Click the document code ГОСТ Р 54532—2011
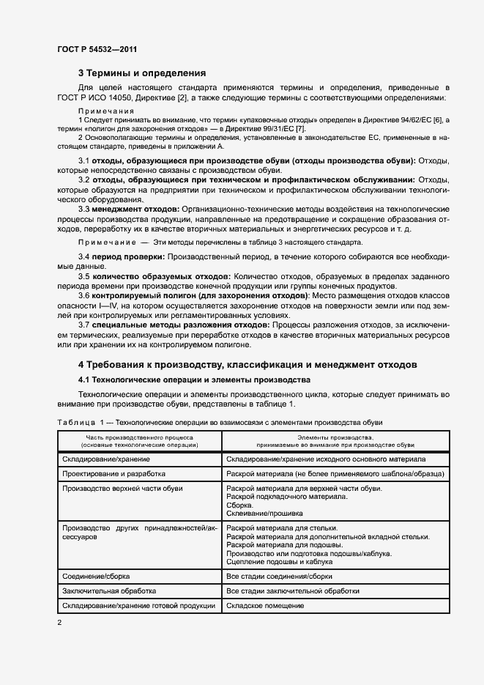click(x=97, y=49)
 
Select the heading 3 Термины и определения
click(x=142, y=73)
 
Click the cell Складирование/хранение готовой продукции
click(x=138, y=606)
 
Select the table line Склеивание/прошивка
click(x=264, y=514)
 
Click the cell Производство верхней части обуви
click(x=123, y=489)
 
